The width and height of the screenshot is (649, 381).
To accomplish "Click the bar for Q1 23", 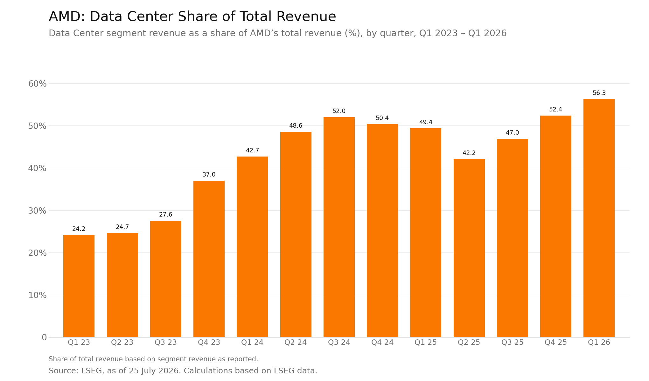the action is click(79, 286).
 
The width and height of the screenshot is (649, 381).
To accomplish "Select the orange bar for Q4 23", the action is click(209, 259).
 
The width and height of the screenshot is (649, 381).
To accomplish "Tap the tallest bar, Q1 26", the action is click(599, 218).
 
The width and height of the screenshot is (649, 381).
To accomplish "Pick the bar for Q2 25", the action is click(469, 248).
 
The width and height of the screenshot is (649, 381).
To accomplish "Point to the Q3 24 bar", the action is click(339, 227).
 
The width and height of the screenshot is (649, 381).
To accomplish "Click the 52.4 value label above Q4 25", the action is click(556, 110).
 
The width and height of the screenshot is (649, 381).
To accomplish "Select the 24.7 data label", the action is click(122, 227).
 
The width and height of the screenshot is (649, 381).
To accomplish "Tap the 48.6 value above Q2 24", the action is click(296, 126).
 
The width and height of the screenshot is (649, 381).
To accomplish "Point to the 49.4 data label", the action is click(426, 122).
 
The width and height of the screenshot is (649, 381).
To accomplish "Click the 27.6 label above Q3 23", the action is click(166, 215).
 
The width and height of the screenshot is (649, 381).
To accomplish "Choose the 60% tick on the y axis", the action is click(38, 84).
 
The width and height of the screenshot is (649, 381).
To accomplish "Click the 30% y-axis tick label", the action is click(38, 211).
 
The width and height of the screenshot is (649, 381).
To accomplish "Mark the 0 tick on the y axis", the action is click(44, 338).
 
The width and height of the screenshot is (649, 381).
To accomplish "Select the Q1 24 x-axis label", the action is click(252, 343).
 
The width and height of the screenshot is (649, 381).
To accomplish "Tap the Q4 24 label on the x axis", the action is click(382, 343).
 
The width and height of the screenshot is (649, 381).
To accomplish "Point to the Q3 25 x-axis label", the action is click(513, 343).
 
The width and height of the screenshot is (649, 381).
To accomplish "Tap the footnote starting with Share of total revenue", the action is click(153, 359).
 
